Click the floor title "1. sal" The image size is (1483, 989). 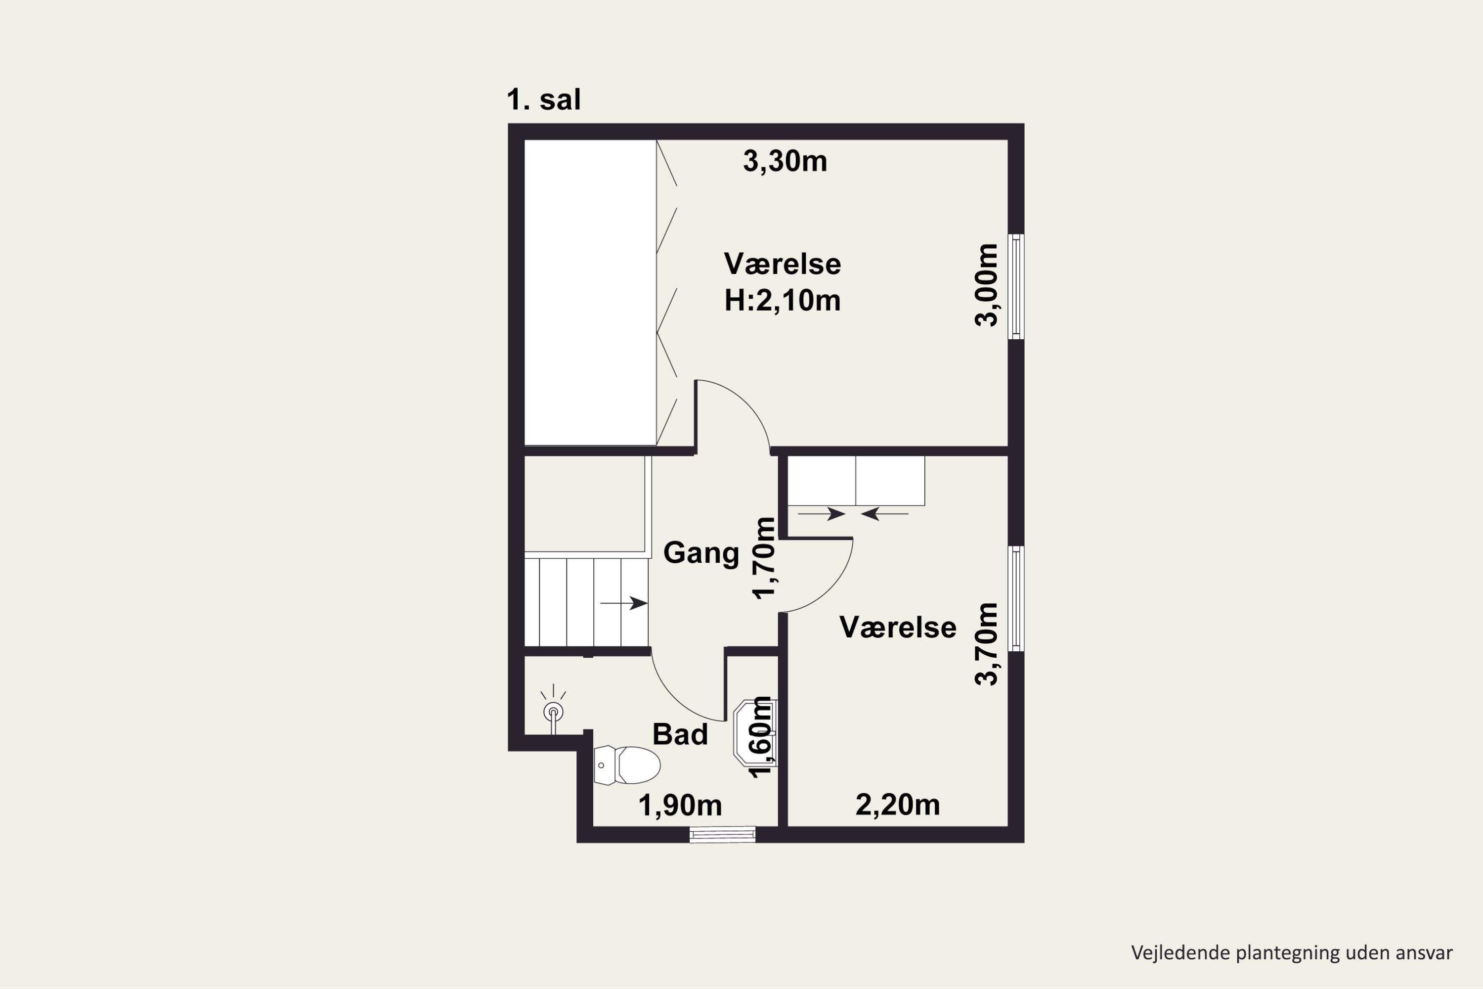pos(543,100)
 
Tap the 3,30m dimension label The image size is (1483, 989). pos(785,162)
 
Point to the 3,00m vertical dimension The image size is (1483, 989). pos(986,285)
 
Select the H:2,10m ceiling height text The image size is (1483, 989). pos(783,300)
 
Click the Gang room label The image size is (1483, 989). pos(701,553)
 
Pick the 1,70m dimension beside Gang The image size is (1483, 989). pos(765,558)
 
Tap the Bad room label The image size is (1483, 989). pos(680,734)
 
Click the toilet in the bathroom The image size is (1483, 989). pos(627,765)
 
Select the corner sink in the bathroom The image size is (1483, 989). pos(755,732)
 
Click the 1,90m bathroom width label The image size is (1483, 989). pos(680,806)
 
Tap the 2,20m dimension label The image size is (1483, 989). pos(898,805)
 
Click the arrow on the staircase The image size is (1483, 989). pos(624,604)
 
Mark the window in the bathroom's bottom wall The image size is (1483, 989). pos(723,835)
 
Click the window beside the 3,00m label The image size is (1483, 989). pos(1016,286)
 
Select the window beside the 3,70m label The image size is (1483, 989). pos(1016,598)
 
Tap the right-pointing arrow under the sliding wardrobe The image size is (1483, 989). pos(822,514)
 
